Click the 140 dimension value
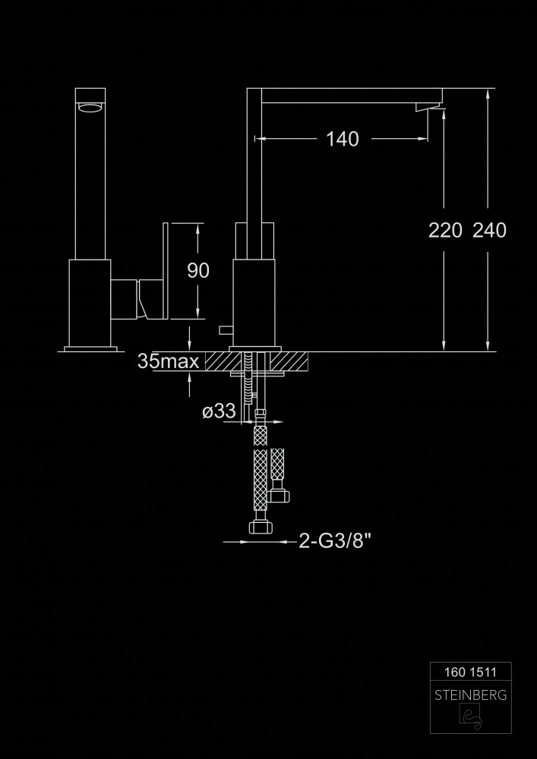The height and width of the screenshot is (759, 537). pyautogui.click(x=343, y=140)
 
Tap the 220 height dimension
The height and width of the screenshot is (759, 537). pyautogui.click(x=445, y=231)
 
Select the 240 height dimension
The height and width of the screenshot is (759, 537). pyautogui.click(x=490, y=231)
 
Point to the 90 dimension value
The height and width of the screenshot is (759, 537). pyautogui.click(x=198, y=271)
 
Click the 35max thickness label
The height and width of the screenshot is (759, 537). pyautogui.click(x=168, y=361)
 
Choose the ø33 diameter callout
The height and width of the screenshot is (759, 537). pyautogui.click(x=219, y=411)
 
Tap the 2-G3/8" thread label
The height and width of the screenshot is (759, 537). pyautogui.click(x=335, y=541)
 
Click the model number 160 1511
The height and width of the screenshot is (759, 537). pyautogui.click(x=470, y=672)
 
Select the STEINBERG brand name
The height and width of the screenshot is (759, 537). pyautogui.click(x=471, y=695)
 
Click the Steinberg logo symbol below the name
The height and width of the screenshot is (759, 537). pyautogui.click(x=470, y=716)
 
